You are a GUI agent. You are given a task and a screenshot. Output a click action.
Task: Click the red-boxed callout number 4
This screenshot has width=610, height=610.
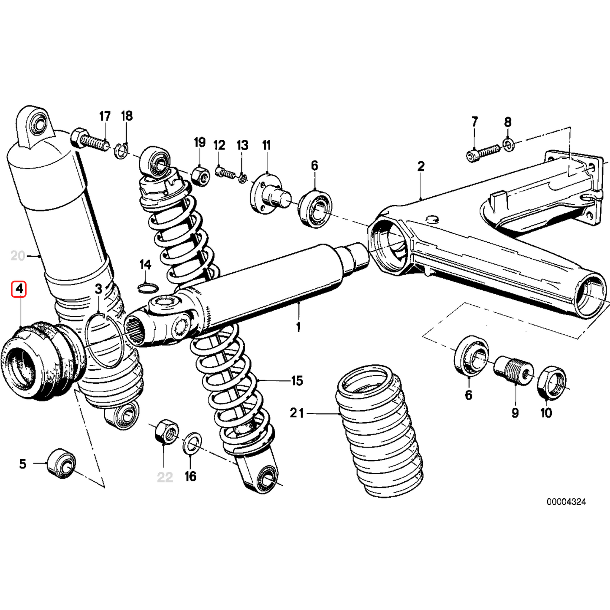point(19,289)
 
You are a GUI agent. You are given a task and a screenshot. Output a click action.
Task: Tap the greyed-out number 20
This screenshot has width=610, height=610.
point(18,256)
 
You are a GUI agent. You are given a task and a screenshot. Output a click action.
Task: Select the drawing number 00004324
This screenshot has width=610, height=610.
point(566,502)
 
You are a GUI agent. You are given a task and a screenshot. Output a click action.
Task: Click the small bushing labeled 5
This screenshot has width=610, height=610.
point(61,464)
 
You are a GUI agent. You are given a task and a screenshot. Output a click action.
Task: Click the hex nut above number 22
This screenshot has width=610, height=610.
point(166,431)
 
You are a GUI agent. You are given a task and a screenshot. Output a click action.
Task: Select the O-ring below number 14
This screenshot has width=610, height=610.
point(148,289)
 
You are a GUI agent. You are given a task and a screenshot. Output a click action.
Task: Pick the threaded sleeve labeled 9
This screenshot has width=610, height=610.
point(513,369)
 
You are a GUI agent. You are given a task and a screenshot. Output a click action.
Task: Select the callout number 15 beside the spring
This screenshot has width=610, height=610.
point(297,381)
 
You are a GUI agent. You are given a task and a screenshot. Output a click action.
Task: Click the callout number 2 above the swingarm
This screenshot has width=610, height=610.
point(420,166)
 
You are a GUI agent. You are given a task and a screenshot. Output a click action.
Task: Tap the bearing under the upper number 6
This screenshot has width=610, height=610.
point(315,209)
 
